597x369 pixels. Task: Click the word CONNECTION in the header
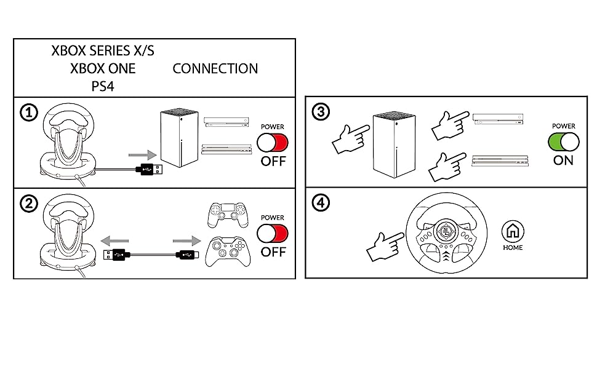tap(215, 68)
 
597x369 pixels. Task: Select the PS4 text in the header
tap(103, 86)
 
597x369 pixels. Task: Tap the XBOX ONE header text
tap(103, 68)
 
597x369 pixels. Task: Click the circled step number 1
tap(28, 113)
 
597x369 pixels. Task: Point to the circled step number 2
tap(28, 204)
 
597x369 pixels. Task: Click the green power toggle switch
tap(564, 142)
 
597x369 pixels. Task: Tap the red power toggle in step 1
tap(272, 143)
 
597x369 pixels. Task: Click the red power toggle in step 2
tap(272, 234)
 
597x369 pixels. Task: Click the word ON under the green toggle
tap(563, 161)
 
